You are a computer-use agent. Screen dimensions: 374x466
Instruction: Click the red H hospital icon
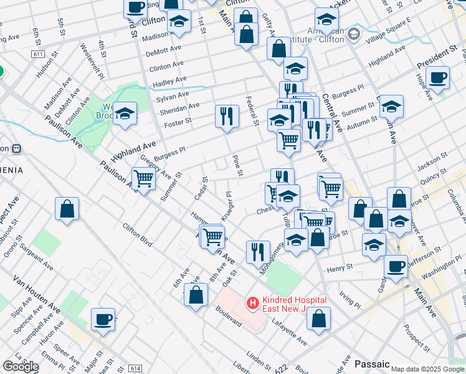point(253,304)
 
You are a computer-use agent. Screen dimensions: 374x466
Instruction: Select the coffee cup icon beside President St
point(439,78)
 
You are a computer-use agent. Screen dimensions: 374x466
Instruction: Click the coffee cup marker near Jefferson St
point(396,266)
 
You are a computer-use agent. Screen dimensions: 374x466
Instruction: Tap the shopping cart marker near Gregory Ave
point(144,179)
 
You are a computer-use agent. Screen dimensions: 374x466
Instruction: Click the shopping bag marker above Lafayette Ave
point(318,318)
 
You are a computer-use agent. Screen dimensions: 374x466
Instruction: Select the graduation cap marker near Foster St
point(125,114)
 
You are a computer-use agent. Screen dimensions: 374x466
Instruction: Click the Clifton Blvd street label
point(137,235)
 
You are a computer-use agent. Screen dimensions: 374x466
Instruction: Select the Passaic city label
point(372,363)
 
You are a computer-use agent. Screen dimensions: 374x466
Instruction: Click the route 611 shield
point(37,55)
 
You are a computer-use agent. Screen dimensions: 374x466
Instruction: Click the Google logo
point(21,367)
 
